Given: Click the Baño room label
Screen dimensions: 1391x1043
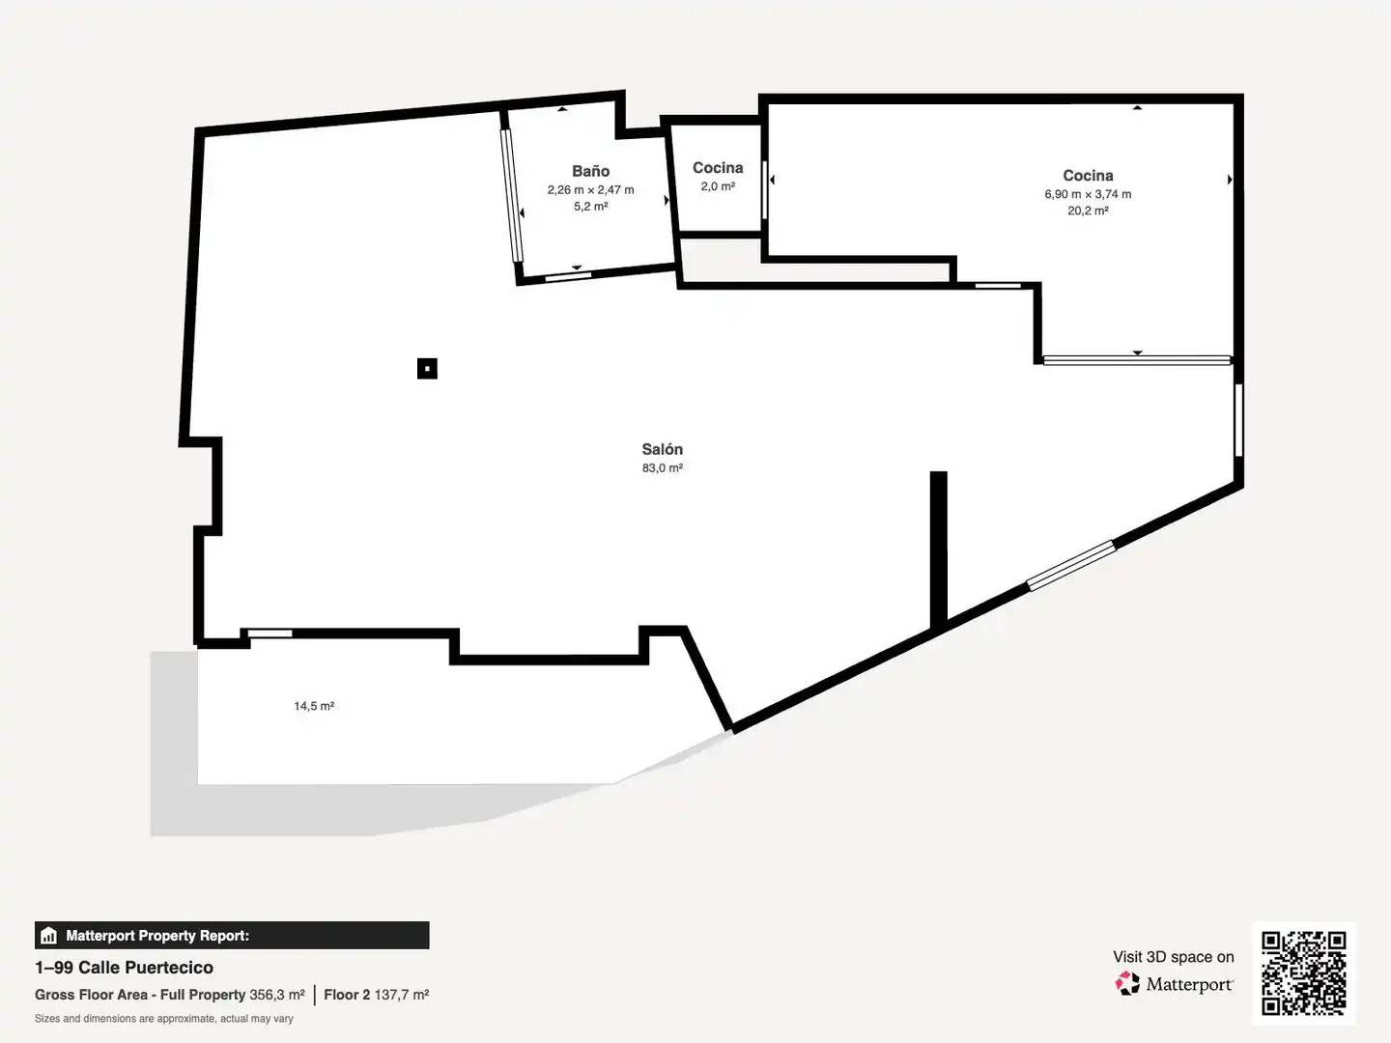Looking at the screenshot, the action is coord(590,171).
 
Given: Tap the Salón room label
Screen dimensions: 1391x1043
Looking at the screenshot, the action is coord(663,449).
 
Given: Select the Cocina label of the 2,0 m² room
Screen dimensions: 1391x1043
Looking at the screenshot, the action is coord(718,168).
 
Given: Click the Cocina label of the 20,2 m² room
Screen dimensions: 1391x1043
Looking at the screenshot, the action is coord(1088,176).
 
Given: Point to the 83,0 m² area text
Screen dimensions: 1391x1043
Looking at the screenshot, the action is coord(663,468).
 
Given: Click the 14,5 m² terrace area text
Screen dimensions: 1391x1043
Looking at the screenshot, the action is coord(314,705).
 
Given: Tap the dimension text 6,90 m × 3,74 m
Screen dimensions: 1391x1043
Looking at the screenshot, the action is coord(1088,194).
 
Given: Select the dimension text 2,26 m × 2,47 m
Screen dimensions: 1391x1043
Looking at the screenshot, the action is coord(590,190).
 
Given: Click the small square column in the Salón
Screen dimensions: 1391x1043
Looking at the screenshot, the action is coord(427,369).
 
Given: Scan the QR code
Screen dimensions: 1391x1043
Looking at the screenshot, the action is coord(1303,973).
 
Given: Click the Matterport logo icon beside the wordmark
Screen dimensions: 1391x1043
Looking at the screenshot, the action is coord(1126,983).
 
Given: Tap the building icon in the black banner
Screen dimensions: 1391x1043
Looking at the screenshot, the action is coord(49,936).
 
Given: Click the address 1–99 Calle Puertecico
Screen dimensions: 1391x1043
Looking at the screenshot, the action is coord(125,967).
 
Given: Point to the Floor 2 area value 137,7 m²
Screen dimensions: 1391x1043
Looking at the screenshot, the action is coord(402,995).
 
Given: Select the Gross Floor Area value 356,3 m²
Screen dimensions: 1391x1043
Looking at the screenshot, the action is coord(277,995).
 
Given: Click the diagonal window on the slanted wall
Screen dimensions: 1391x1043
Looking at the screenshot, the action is coord(1071,565).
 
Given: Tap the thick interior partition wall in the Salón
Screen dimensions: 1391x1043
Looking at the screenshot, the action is coord(939,550).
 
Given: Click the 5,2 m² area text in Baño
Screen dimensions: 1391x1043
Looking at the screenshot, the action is coord(590,207).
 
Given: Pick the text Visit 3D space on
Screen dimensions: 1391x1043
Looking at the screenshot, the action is coord(1174,957).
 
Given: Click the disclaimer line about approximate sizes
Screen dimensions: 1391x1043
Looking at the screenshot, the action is coord(164,1018).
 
